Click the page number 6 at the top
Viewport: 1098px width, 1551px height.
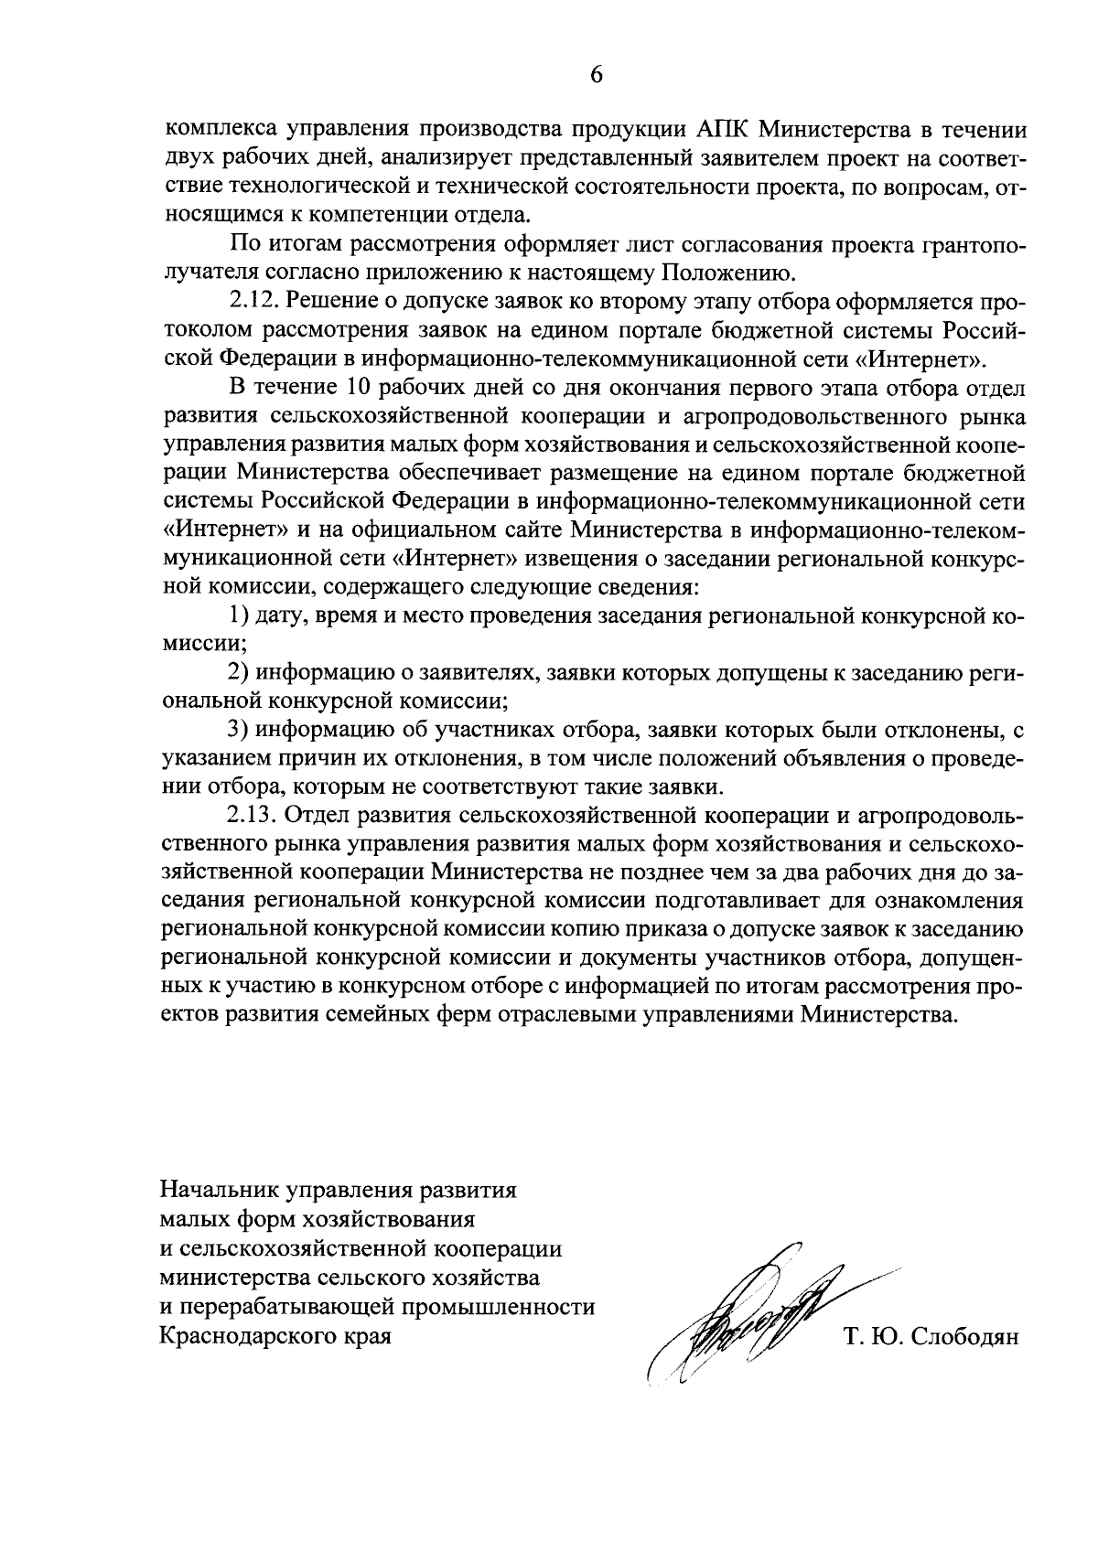click(596, 75)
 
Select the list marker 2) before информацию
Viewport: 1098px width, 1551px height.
click(238, 673)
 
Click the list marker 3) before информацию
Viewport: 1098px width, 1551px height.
click(238, 730)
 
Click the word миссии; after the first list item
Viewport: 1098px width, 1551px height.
click(191, 644)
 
